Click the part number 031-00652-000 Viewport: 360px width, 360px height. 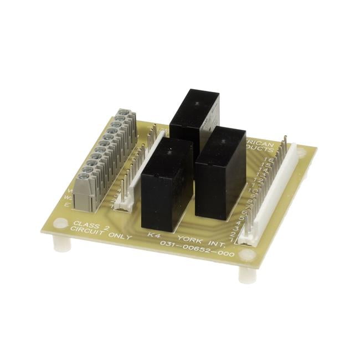[x=197, y=250]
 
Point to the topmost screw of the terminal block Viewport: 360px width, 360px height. [x=125, y=114]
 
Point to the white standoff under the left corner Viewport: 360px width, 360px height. [x=61, y=242]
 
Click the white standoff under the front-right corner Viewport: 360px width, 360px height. [x=248, y=274]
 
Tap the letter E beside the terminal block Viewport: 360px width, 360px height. [x=68, y=205]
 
